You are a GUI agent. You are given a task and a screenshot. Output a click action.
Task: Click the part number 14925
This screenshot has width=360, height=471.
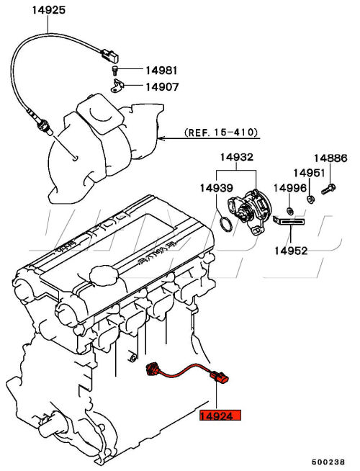(x=49, y=10)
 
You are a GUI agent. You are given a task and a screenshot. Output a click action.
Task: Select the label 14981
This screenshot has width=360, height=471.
(x=162, y=71)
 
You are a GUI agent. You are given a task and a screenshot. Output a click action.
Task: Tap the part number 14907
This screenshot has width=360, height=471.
(x=162, y=87)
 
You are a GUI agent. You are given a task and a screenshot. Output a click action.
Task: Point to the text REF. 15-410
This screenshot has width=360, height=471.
(x=221, y=133)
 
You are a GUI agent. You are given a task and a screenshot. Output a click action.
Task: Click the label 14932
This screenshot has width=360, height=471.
(x=237, y=157)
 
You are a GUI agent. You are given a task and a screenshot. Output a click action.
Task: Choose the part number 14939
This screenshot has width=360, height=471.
(x=217, y=188)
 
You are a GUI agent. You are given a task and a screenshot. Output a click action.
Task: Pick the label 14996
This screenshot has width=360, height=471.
(x=290, y=188)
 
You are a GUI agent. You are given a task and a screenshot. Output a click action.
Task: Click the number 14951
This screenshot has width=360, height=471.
(x=309, y=173)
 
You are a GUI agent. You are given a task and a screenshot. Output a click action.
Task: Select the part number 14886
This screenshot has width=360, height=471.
(x=330, y=158)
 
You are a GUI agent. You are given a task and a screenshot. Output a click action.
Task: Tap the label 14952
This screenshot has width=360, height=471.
(x=292, y=251)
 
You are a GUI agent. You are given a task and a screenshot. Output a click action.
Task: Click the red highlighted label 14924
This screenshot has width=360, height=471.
(x=220, y=415)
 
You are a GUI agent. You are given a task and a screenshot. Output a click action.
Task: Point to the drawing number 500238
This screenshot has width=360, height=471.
(x=328, y=462)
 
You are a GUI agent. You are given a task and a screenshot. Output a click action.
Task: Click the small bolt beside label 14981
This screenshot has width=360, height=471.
(x=115, y=70)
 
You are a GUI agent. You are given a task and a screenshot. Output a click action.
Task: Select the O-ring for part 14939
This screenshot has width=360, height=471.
(x=226, y=224)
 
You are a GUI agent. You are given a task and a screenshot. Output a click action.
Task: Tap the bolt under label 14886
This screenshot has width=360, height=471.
(x=328, y=189)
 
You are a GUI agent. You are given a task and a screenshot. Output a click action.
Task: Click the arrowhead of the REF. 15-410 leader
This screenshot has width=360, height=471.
(x=161, y=138)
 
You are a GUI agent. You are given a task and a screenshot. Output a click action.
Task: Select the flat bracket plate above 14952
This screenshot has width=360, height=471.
(x=289, y=221)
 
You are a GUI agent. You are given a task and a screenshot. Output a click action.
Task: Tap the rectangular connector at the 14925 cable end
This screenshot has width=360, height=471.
(x=109, y=55)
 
